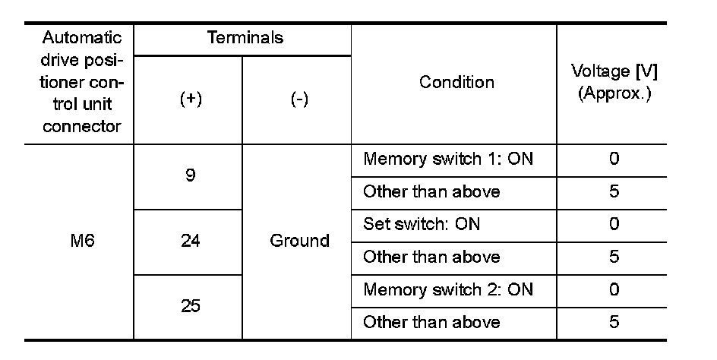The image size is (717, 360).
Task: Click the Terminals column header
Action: (245, 38)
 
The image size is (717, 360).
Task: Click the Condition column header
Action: (456, 82)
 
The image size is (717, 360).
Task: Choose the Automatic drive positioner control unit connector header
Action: (82, 82)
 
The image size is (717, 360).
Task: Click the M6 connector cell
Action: (82, 242)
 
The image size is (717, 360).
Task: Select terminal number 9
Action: (190, 175)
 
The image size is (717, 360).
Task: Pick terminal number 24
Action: (190, 242)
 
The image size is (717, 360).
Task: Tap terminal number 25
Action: (190, 307)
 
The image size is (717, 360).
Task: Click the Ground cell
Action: (299, 242)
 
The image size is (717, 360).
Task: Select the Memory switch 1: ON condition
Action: (448, 159)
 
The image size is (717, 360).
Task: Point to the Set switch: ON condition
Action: (422, 225)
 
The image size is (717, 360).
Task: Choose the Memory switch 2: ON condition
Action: (448, 290)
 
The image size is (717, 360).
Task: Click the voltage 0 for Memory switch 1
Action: (614, 159)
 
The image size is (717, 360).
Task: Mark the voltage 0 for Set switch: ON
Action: (614, 225)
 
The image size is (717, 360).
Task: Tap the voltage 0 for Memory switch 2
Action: (614, 290)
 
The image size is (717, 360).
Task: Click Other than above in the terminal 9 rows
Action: (431, 191)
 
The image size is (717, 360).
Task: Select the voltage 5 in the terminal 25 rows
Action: (614, 323)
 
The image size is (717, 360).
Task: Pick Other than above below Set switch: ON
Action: (431, 257)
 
